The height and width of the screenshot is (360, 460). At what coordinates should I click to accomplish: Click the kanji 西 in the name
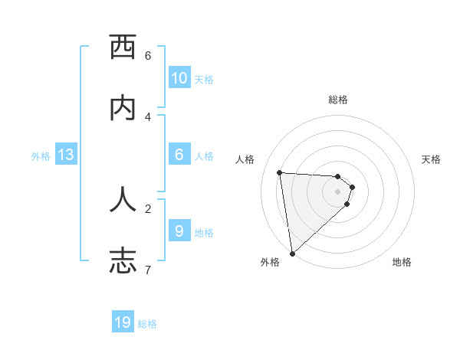[123, 47]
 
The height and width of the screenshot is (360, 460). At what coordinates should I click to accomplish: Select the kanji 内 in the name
[123, 108]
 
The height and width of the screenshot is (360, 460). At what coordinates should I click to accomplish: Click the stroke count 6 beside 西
[148, 55]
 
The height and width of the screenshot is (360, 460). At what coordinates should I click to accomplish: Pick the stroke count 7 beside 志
[148, 270]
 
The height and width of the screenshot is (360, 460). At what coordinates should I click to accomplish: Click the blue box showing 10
[179, 78]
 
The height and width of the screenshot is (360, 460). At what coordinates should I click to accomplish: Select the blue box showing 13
[66, 155]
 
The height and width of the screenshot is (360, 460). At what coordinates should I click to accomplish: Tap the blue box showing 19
[123, 322]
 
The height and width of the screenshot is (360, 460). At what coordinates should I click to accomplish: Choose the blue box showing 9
[179, 231]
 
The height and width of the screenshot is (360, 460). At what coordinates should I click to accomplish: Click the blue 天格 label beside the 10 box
[204, 80]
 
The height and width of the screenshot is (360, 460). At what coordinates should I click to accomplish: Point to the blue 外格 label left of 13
[41, 156]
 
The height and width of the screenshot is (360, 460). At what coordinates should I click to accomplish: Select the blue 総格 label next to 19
[147, 324]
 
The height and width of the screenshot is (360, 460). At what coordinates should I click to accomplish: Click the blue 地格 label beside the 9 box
[204, 233]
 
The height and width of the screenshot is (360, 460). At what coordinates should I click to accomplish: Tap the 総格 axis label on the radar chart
[338, 100]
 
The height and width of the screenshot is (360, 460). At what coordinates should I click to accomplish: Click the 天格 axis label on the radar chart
[431, 159]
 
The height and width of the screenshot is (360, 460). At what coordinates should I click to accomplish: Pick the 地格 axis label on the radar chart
[402, 262]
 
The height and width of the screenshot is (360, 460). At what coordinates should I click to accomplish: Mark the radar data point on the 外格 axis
[291, 254]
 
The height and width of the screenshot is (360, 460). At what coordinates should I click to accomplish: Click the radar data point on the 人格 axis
[280, 172]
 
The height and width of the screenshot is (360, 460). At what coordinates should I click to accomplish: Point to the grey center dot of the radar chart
[338, 191]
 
